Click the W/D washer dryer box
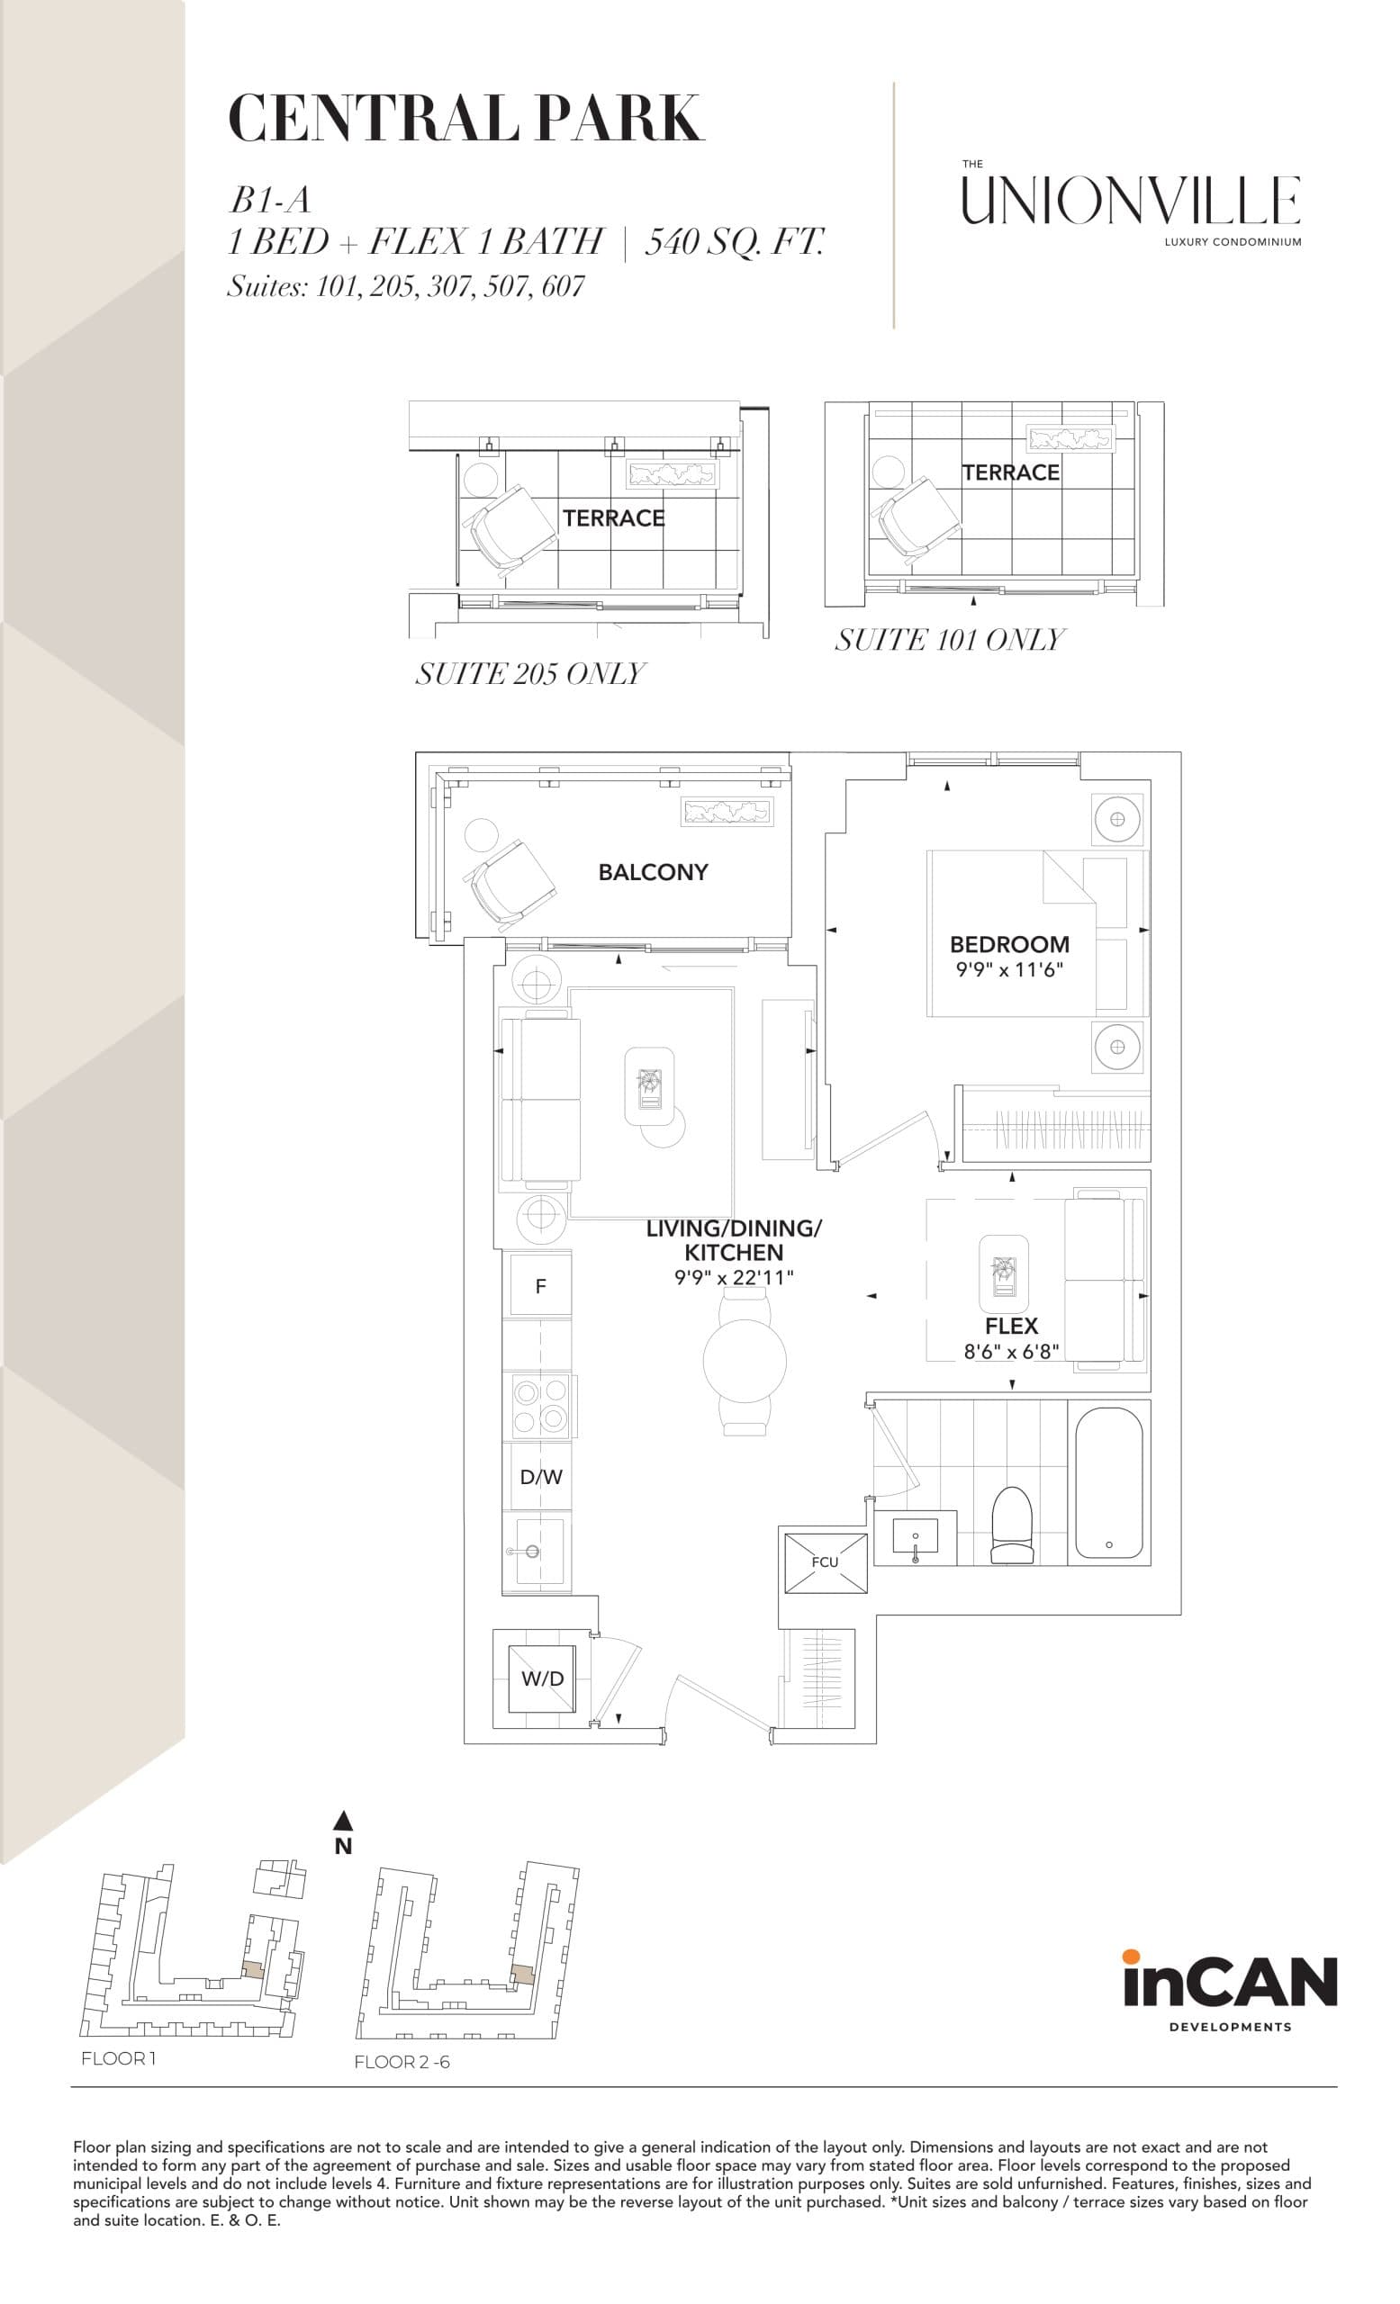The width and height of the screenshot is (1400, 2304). pos(541,1678)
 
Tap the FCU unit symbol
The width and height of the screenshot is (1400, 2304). pos(824,1562)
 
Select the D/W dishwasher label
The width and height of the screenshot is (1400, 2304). pos(540,1478)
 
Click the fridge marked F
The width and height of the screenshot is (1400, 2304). pos(540,1287)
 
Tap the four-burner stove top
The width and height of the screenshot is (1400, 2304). pos(540,1407)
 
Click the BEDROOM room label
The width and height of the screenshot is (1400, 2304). pos(1009,944)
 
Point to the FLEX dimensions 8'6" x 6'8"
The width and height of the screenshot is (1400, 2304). pos(1011,1351)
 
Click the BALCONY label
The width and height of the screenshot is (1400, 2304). pos(653,872)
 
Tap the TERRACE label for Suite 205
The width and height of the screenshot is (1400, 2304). pos(613,518)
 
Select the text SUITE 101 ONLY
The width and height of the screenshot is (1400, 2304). pos(949,641)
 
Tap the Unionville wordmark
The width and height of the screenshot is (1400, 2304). pos(1131,201)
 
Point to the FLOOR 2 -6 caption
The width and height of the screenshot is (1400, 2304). pos(402,2062)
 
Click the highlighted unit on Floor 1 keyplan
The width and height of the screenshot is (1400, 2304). pos(252,1966)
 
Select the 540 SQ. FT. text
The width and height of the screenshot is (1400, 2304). pos(734,242)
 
